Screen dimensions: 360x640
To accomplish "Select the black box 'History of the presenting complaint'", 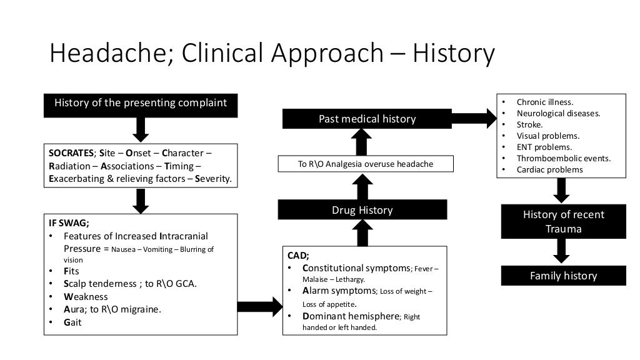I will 141,104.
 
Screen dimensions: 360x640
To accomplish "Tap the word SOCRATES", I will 71,154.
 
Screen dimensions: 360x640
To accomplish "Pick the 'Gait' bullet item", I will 72,322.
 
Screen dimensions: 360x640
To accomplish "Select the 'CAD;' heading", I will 298,255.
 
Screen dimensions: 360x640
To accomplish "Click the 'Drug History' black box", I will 362,210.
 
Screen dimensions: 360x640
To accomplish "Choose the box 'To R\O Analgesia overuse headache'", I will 366,164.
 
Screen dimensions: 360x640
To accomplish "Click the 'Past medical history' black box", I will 367,119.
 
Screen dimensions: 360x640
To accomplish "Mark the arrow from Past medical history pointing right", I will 473,117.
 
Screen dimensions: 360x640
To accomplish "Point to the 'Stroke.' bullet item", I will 529,124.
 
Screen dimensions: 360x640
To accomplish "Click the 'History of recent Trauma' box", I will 563,222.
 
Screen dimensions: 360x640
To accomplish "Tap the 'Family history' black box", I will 563,276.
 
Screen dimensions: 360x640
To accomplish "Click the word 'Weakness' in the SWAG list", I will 86,297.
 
